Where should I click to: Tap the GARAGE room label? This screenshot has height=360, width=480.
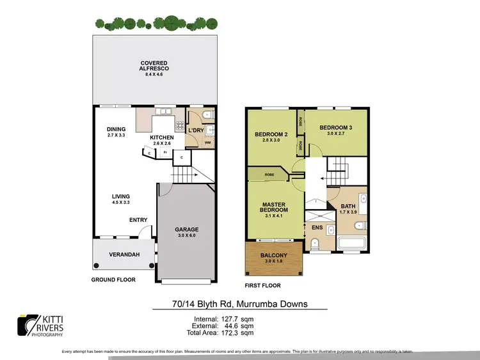tap(187, 229)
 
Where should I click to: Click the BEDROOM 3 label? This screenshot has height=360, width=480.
tap(336, 127)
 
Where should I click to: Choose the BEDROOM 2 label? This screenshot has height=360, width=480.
tap(271, 134)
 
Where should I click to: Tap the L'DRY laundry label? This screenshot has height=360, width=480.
tap(195, 130)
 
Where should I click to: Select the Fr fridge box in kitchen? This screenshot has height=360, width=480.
tap(164, 152)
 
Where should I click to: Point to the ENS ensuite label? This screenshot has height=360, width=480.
tap(317, 227)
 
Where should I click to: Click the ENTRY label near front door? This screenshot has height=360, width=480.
tap(138, 220)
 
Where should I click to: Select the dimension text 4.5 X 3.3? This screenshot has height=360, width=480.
tap(120, 203)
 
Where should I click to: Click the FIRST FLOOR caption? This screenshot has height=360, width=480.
tap(263, 285)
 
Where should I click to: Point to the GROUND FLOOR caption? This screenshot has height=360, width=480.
tap(114, 279)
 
